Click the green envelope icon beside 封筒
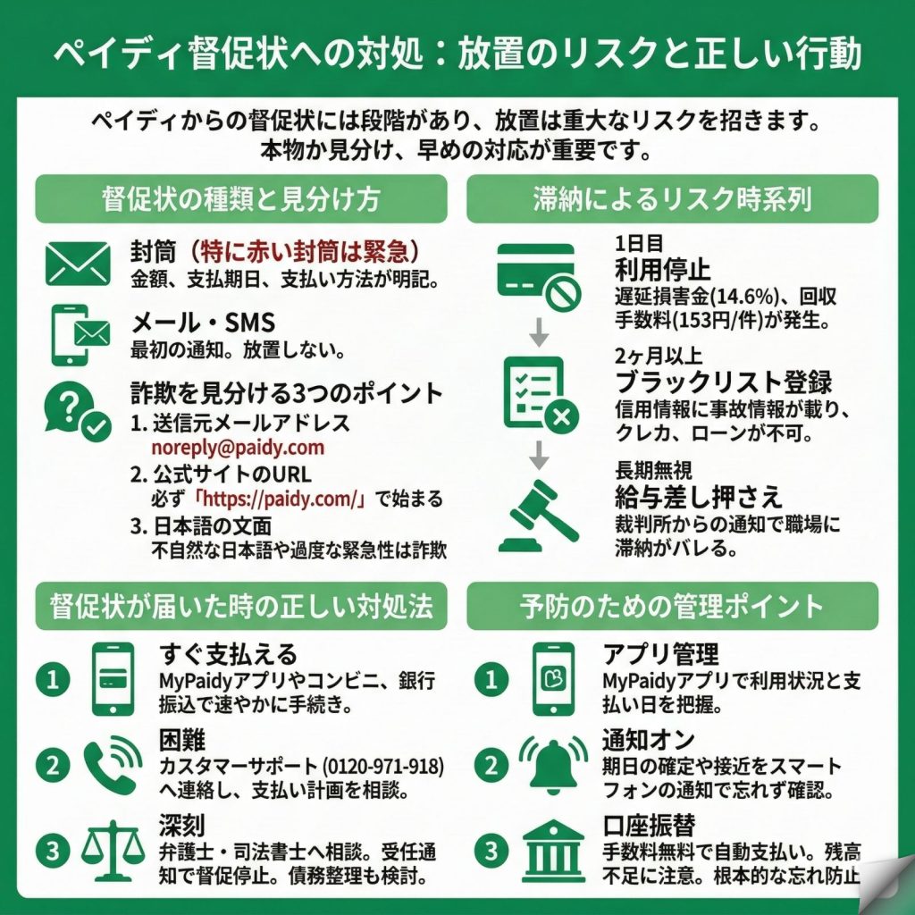pyautogui.click(x=77, y=264)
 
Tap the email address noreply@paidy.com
pyautogui.click(x=238, y=447)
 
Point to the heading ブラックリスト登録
pyautogui.click(x=724, y=382)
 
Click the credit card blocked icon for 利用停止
pyautogui.click(x=538, y=277)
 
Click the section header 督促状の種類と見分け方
pyautogui.click(x=241, y=198)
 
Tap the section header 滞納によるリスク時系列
pyautogui.click(x=672, y=198)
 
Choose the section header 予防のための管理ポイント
pyautogui.click(x=672, y=606)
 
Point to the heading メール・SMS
pyautogui.click(x=203, y=322)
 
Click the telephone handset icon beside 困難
pyautogui.click(x=113, y=765)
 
